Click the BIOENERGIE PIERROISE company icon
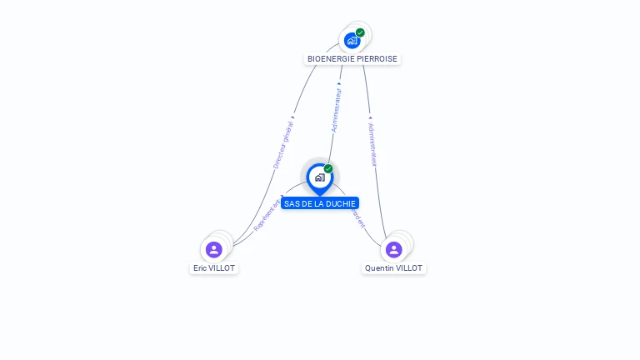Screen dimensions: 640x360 click(x=352, y=40)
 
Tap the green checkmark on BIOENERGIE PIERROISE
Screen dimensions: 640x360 click(x=360, y=32)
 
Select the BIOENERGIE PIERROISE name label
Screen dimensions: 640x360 click(x=352, y=59)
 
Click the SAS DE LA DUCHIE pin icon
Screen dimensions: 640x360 click(x=319, y=177)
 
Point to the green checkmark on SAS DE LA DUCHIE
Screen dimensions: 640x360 click(x=328, y=169)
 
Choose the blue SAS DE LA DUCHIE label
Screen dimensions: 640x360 click(x=320, y=203)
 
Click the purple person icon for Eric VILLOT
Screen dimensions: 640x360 click(x=214, y=249)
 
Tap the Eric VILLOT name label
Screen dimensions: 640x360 click(x=214, y=268)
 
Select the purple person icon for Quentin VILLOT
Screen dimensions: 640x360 click(x=394, y=249)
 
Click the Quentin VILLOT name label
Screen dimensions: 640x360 click(x=393, y=268)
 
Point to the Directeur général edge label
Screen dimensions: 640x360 click(x=283, y=144)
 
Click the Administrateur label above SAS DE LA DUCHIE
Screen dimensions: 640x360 click(x=336, y=112)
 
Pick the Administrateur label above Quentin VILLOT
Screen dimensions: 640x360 click(x=372, y=145)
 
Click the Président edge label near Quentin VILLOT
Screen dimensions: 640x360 click(x=357, y=218)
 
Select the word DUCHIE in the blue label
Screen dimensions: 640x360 click(x=342, y=203)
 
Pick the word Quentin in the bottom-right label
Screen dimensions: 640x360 click(x=379, y=268)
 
